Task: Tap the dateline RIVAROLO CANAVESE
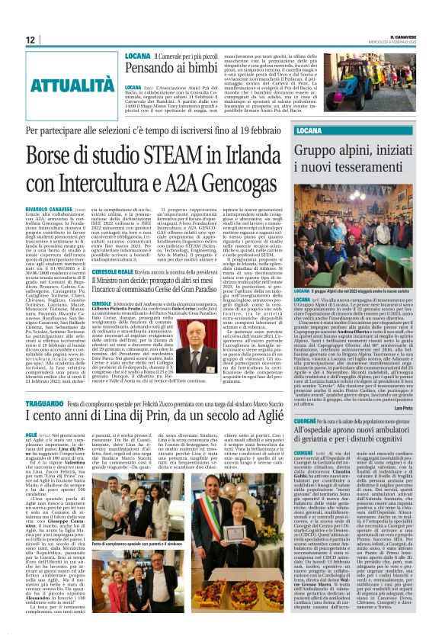click(x=53, y=206)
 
